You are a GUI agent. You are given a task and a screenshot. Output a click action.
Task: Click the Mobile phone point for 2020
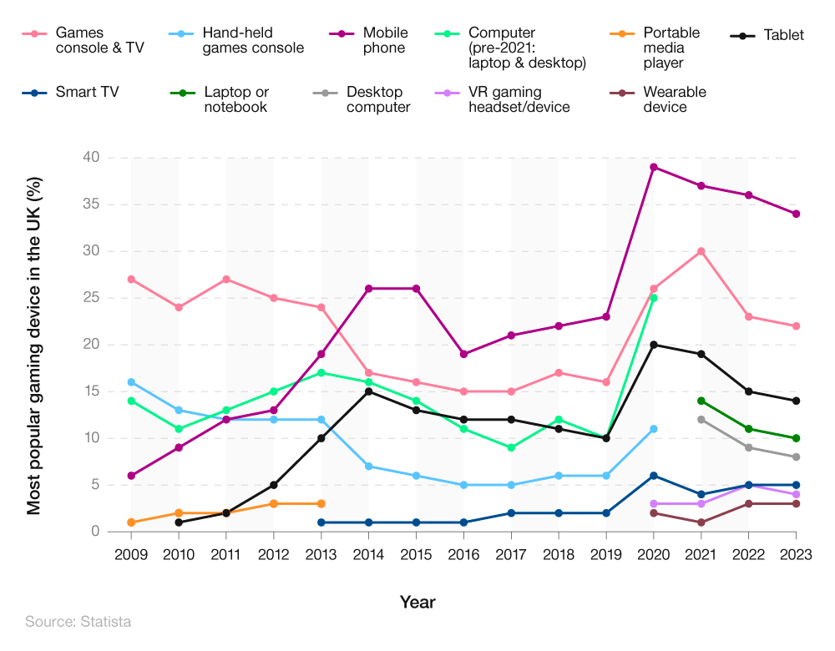click(654, 167)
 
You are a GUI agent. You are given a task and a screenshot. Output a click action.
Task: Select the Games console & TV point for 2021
click(701, 251)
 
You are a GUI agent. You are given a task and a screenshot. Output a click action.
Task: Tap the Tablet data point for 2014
click(369, 391)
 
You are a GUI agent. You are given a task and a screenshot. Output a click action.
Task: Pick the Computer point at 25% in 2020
click(654, 298)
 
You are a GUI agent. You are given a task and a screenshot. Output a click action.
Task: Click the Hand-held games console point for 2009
click(131, 382)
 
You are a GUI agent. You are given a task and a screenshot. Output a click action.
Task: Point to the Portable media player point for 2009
click(131, 522)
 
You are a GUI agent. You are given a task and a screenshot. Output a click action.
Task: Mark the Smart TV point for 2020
click(654, 476)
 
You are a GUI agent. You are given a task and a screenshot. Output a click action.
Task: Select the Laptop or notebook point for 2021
click(701, 401)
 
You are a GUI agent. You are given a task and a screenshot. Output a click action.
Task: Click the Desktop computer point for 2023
click(797, 457)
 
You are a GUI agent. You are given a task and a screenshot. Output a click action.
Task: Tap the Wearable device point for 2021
click(701, 522)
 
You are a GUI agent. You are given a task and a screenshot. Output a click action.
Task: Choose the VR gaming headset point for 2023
click(797, 494)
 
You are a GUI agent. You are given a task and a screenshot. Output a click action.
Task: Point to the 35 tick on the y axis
click(91, 204)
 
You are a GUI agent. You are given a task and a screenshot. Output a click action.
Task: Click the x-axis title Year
click(417, 602)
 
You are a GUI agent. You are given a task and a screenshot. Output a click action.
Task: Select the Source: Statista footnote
click(78, 622)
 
